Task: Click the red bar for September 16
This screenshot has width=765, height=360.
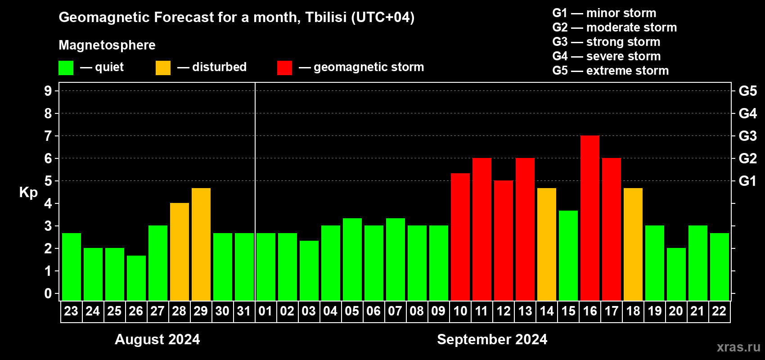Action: (x=590, y=218)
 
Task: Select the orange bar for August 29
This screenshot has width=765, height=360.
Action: (x=201, y=244)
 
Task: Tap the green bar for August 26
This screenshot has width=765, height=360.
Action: (x=136, y=278)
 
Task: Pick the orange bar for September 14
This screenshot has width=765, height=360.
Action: (x=547, y=244)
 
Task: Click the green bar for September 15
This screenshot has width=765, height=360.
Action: (x=568, y=256)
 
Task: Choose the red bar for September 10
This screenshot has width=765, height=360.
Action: (x=460, y=237)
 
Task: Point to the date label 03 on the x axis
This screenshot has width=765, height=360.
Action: (x=309, y=311)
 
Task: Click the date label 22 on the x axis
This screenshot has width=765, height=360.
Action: (x=719, y=311)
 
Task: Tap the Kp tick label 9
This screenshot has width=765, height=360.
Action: (x=48, y=91)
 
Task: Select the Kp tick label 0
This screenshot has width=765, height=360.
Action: (x=48, y=293)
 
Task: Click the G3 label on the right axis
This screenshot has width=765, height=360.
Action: (x=748, y=136)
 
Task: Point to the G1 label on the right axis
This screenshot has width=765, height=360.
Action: (x=748, y=181)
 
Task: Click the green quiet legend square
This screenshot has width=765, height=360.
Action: (x=66, y=67)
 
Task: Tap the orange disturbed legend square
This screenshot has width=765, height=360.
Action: (x=163, y=67)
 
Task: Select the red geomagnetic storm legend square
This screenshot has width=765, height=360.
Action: (x=284, y=67)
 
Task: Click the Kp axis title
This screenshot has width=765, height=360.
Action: (x=28, y=193)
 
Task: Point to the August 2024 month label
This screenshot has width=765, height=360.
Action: (x=157, y=339)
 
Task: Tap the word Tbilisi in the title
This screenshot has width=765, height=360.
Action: (x=326, y=17)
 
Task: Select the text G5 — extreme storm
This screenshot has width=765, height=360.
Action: (x=611, y=71)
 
